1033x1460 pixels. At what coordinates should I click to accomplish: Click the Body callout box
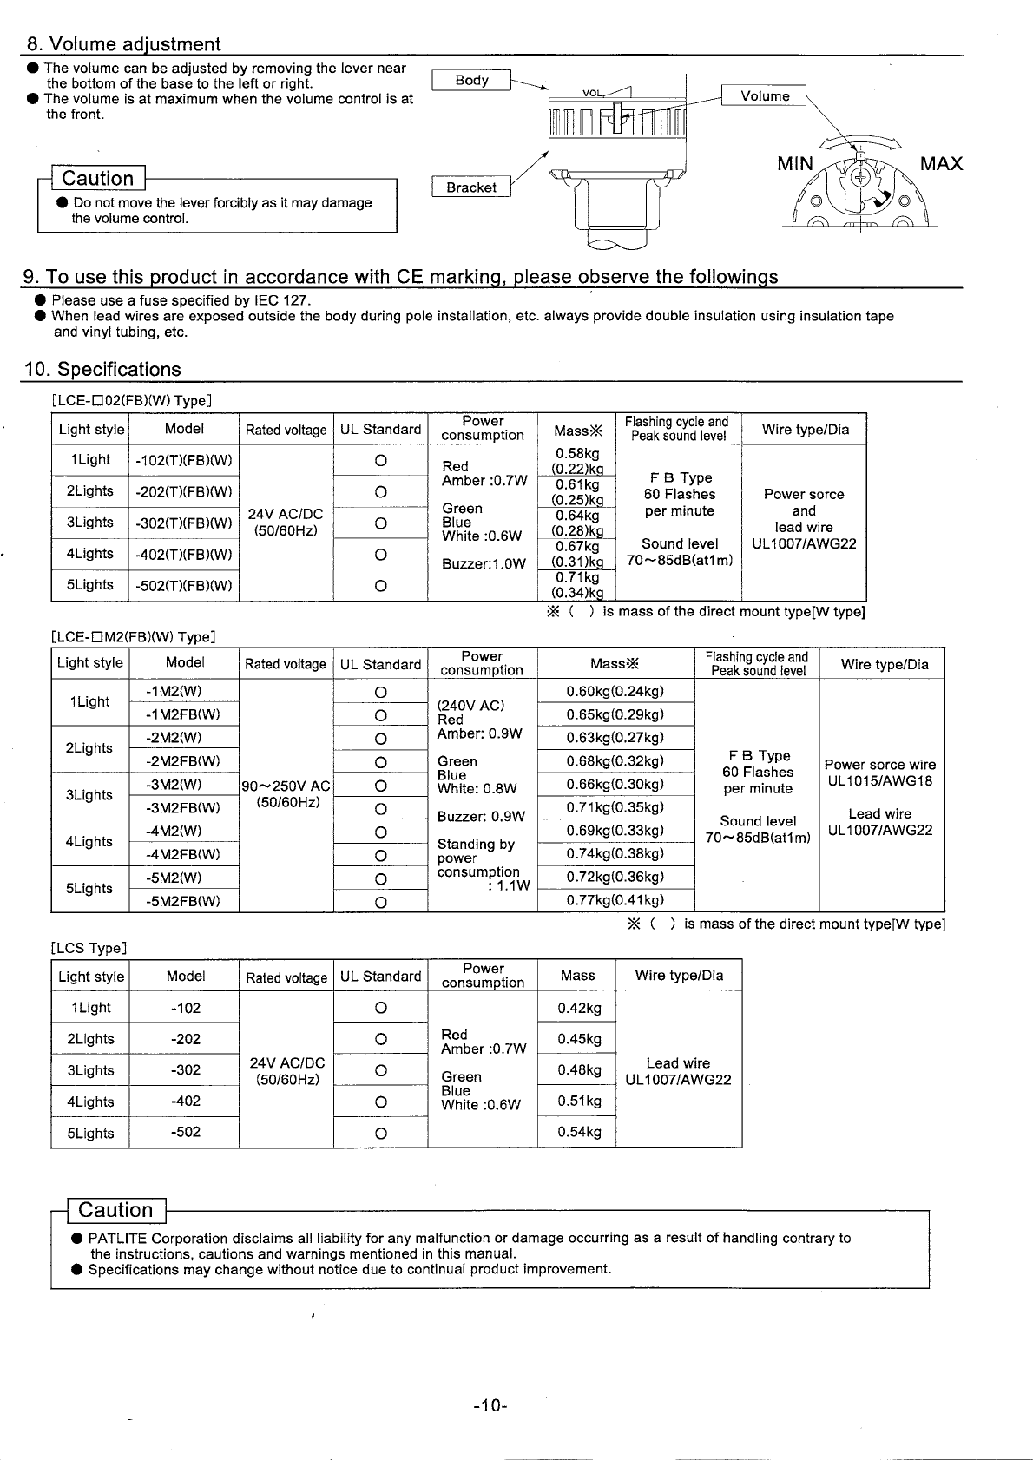point(471,80)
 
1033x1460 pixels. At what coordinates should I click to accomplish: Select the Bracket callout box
point(471,187)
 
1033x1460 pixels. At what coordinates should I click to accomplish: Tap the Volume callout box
point(764,95)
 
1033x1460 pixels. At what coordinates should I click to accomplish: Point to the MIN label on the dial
point(795,164)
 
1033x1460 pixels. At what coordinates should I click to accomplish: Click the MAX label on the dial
point(941,164)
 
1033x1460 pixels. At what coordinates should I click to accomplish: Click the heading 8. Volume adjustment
point(123,44)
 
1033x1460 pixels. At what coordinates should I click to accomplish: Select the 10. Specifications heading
point(102,369)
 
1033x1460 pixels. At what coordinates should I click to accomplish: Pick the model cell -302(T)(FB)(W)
point(184,523)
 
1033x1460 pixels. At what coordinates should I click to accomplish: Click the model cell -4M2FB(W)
point(183,854)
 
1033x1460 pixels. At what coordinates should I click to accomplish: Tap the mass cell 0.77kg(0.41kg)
point(615,900)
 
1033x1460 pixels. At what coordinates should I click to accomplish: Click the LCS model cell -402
point(186,1102)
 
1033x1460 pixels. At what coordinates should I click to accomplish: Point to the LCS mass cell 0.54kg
point(579,1132)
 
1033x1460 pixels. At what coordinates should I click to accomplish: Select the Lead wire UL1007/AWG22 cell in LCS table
point(678,1071)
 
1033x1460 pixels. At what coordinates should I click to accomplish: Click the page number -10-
point(490,1404)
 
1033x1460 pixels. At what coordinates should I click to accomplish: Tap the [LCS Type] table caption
point(89,948)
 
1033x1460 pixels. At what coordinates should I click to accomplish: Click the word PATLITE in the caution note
point(117,1238)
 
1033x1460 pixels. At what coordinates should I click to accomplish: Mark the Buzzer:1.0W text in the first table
point(484,563)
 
